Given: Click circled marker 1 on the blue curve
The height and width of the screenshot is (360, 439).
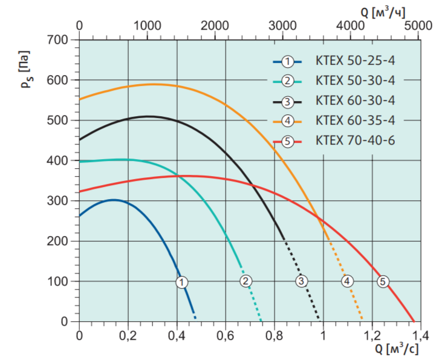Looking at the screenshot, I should [182, 281].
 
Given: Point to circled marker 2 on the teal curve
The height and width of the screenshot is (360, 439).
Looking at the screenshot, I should [246, 281].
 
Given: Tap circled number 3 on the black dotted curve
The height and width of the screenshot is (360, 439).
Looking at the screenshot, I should [301, 281].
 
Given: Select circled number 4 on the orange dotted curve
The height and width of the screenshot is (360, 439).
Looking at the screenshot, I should [346, 281].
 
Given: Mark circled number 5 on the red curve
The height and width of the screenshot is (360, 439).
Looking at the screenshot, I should [382, 281].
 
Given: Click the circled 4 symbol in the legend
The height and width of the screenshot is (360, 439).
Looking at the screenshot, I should [288, 121].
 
